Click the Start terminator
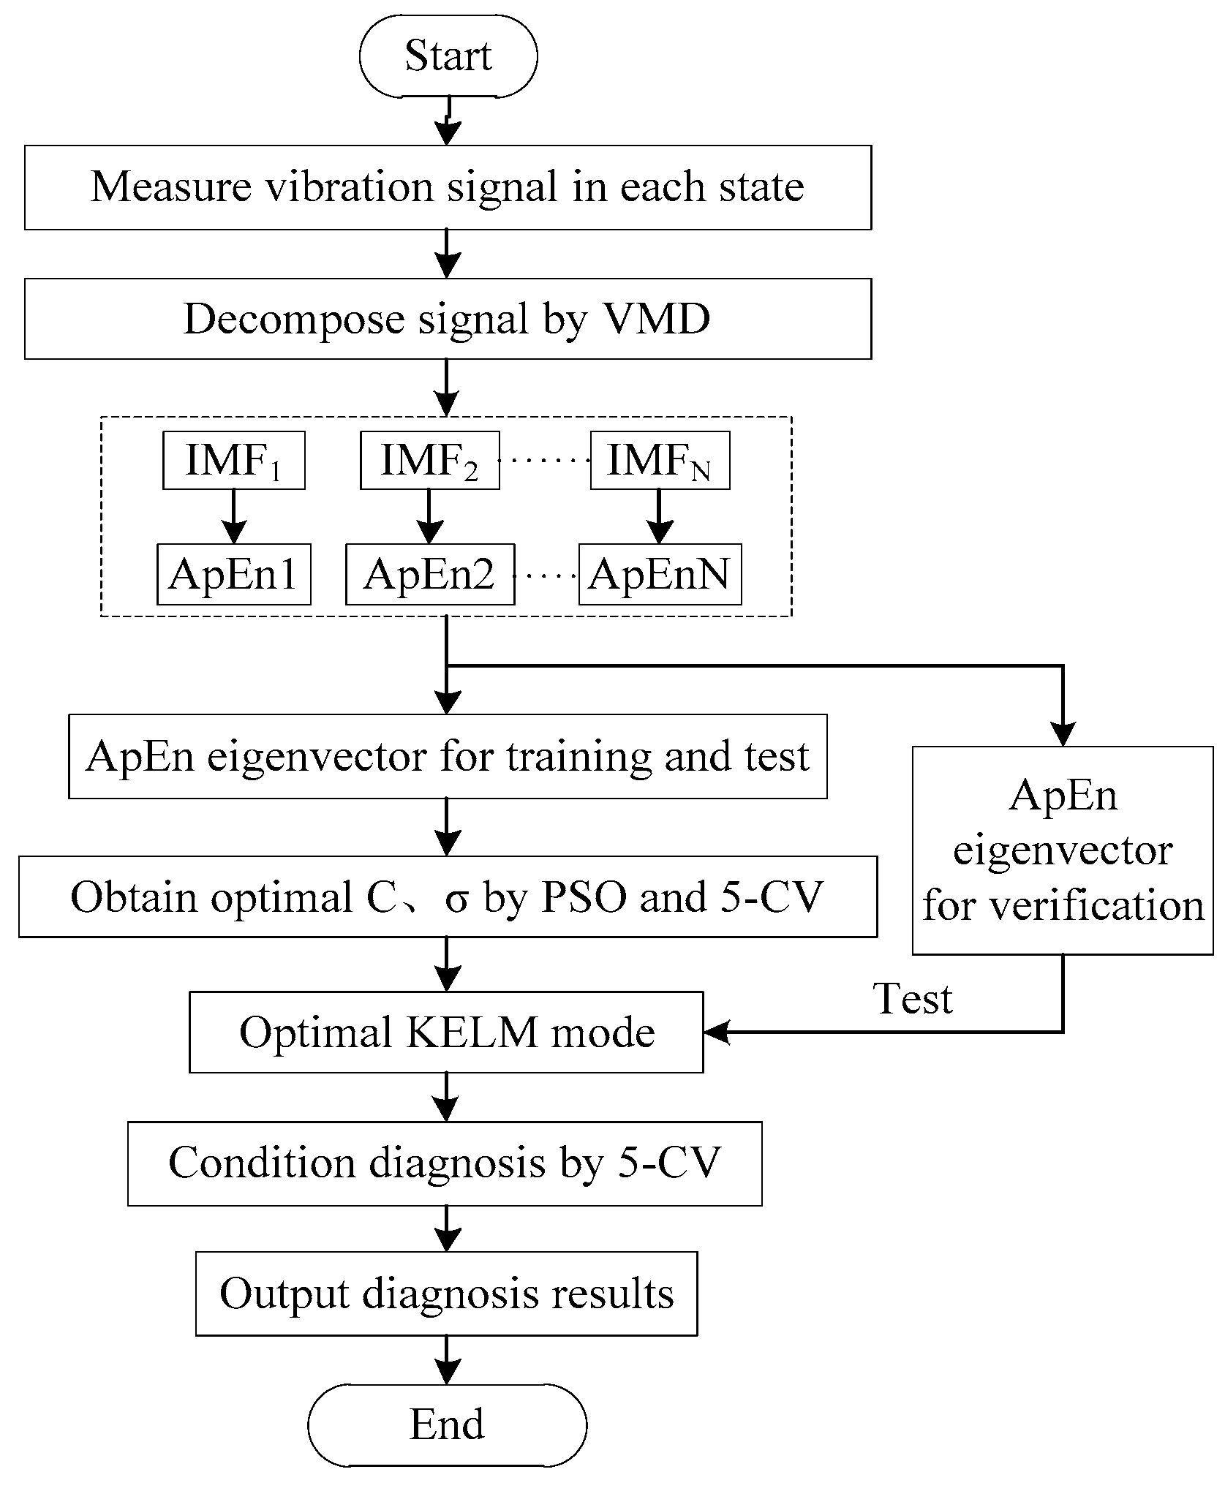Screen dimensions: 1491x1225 click(x=448, y=56)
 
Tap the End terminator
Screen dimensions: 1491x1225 click(x=447, y=1424)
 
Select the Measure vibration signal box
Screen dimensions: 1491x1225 click(x=448, y=187)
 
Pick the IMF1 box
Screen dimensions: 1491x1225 click(x=233, y=461)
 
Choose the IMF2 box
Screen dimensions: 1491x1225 click(x=429, y=461)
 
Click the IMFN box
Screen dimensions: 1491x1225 click(x=660, y=461)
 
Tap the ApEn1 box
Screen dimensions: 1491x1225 click(x=233, y=574)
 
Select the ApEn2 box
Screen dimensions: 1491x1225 click(x=429, y=574)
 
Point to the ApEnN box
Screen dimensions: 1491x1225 click(x=660, y=574)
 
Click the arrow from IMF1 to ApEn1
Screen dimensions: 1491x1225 click(x=233, y=516)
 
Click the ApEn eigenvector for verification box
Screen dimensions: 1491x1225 click(x=1062, y=850)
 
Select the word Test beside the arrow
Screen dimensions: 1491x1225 click(x=913, y=999)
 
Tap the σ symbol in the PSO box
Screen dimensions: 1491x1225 click(x=457, y=897)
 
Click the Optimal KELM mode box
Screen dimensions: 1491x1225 click(x=446, y=1032)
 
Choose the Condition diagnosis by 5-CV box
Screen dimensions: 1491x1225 click(x=445, y=1163)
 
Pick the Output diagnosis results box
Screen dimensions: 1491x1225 click(x=446, y=1294)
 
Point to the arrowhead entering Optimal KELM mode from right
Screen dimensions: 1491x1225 click(x=717, y=1033)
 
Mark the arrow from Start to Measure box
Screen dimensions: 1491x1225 click(x=448, y=121)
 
